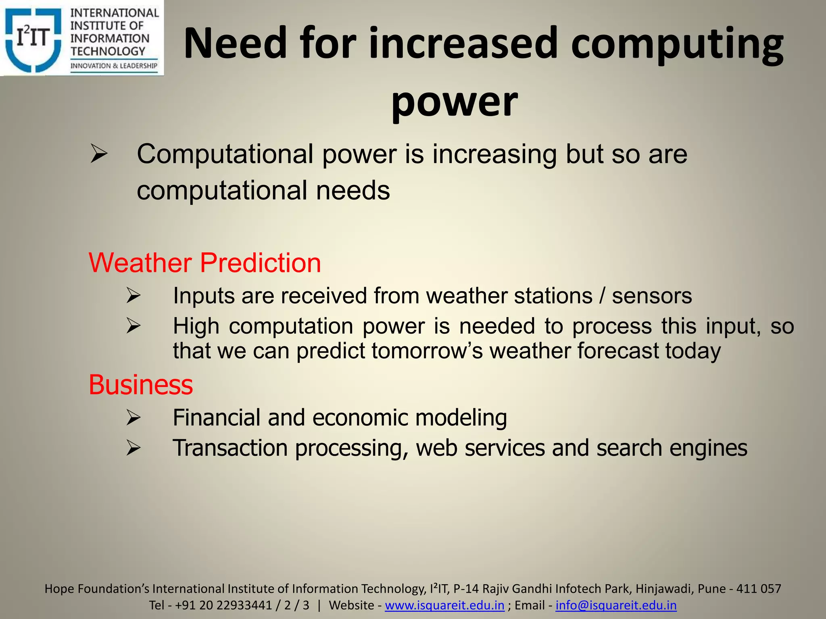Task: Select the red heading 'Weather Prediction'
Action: click(x=205, y=263)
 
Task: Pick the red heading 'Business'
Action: click(x=141, y=385)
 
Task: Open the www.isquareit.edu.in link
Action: click(x=444, y=605)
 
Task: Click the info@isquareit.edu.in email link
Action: click(x=616, y=605)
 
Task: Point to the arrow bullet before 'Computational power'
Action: click(x=99, y=154)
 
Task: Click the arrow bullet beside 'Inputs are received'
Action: click(x=133, y=295)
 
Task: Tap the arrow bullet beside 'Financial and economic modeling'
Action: click(x=133, y=418)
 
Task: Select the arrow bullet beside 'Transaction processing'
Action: click(x=133, y=448)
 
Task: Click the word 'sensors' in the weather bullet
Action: click(x=652, y=295)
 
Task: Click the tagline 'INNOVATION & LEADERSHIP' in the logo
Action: click(x=114, y=66)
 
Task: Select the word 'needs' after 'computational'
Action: click(x=353, y=190)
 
